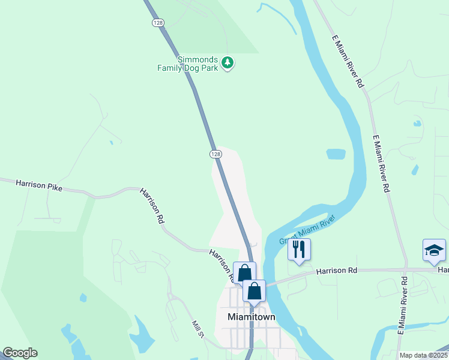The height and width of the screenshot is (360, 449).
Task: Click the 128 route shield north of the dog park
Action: coord(158,22)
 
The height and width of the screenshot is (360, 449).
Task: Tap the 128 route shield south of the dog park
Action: coord(216,154)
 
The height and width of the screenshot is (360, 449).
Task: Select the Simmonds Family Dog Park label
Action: coord(187,64)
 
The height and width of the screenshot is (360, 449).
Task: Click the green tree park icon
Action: coord(227,62)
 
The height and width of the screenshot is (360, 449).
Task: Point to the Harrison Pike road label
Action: coord(39,185)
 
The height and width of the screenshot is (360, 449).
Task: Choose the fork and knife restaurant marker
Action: coord(300,250)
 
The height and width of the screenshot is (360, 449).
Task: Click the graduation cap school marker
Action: coord(434,250)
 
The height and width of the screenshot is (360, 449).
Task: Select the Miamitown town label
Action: coord(251,316)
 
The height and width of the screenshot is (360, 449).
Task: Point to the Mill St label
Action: coord(199,329)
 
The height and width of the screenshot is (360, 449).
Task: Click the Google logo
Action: coord(20,353)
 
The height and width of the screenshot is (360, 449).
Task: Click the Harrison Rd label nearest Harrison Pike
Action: coord(152,206)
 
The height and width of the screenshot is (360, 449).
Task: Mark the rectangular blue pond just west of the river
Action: coord(336,154)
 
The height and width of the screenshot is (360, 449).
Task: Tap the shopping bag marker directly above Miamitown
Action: coord(255,291)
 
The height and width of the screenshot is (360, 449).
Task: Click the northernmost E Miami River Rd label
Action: coord(348,61)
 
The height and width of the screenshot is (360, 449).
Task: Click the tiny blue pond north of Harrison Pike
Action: coord(111,143)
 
